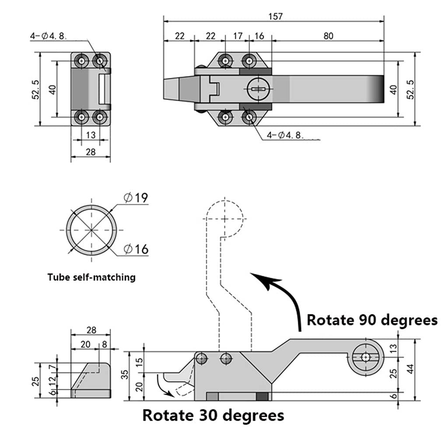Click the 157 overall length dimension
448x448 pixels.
276,16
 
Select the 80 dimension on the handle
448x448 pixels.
328,36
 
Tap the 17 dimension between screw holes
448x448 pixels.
238,36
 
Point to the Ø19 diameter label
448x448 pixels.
136,198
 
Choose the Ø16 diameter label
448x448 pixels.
136,249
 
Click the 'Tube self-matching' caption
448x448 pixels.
91,277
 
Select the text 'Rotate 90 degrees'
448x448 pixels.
372,320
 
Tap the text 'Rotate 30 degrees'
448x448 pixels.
213,415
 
